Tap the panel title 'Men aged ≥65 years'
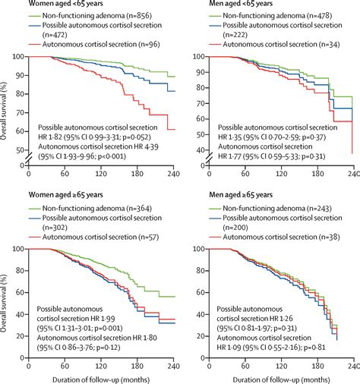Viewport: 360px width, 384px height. pyautogui.click(x=227, y=197)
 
